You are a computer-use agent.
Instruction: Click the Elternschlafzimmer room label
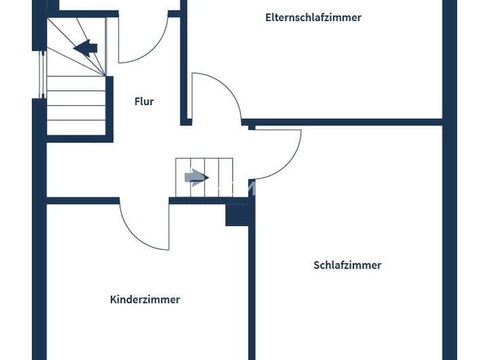[x=313, y=18]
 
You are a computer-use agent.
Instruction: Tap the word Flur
[x=144, y=102]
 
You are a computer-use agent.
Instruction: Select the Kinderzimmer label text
[x=145, y=300]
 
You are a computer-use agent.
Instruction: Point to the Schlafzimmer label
[x=347, y=266]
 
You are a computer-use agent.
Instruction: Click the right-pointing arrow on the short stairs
[x=196, y=178]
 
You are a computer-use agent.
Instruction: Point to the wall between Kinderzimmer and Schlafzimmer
[x=251, y=292]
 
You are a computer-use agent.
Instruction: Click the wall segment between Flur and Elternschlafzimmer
[x=183, y=68]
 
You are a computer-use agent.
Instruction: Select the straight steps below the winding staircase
[x=76, y=105]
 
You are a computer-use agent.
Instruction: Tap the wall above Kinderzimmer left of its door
[x=81, y=200]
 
